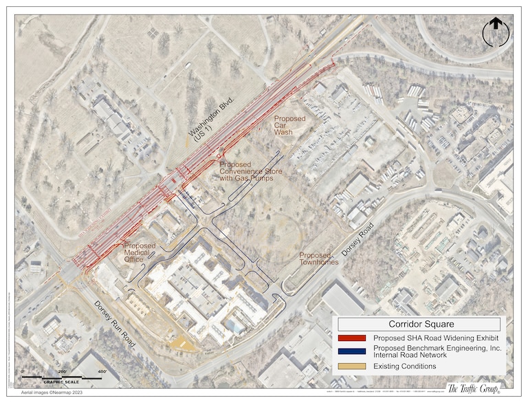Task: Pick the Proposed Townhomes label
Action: coord(315,259)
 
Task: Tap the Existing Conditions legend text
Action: coord(405,367)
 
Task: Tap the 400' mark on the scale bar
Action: coord(102,372)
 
